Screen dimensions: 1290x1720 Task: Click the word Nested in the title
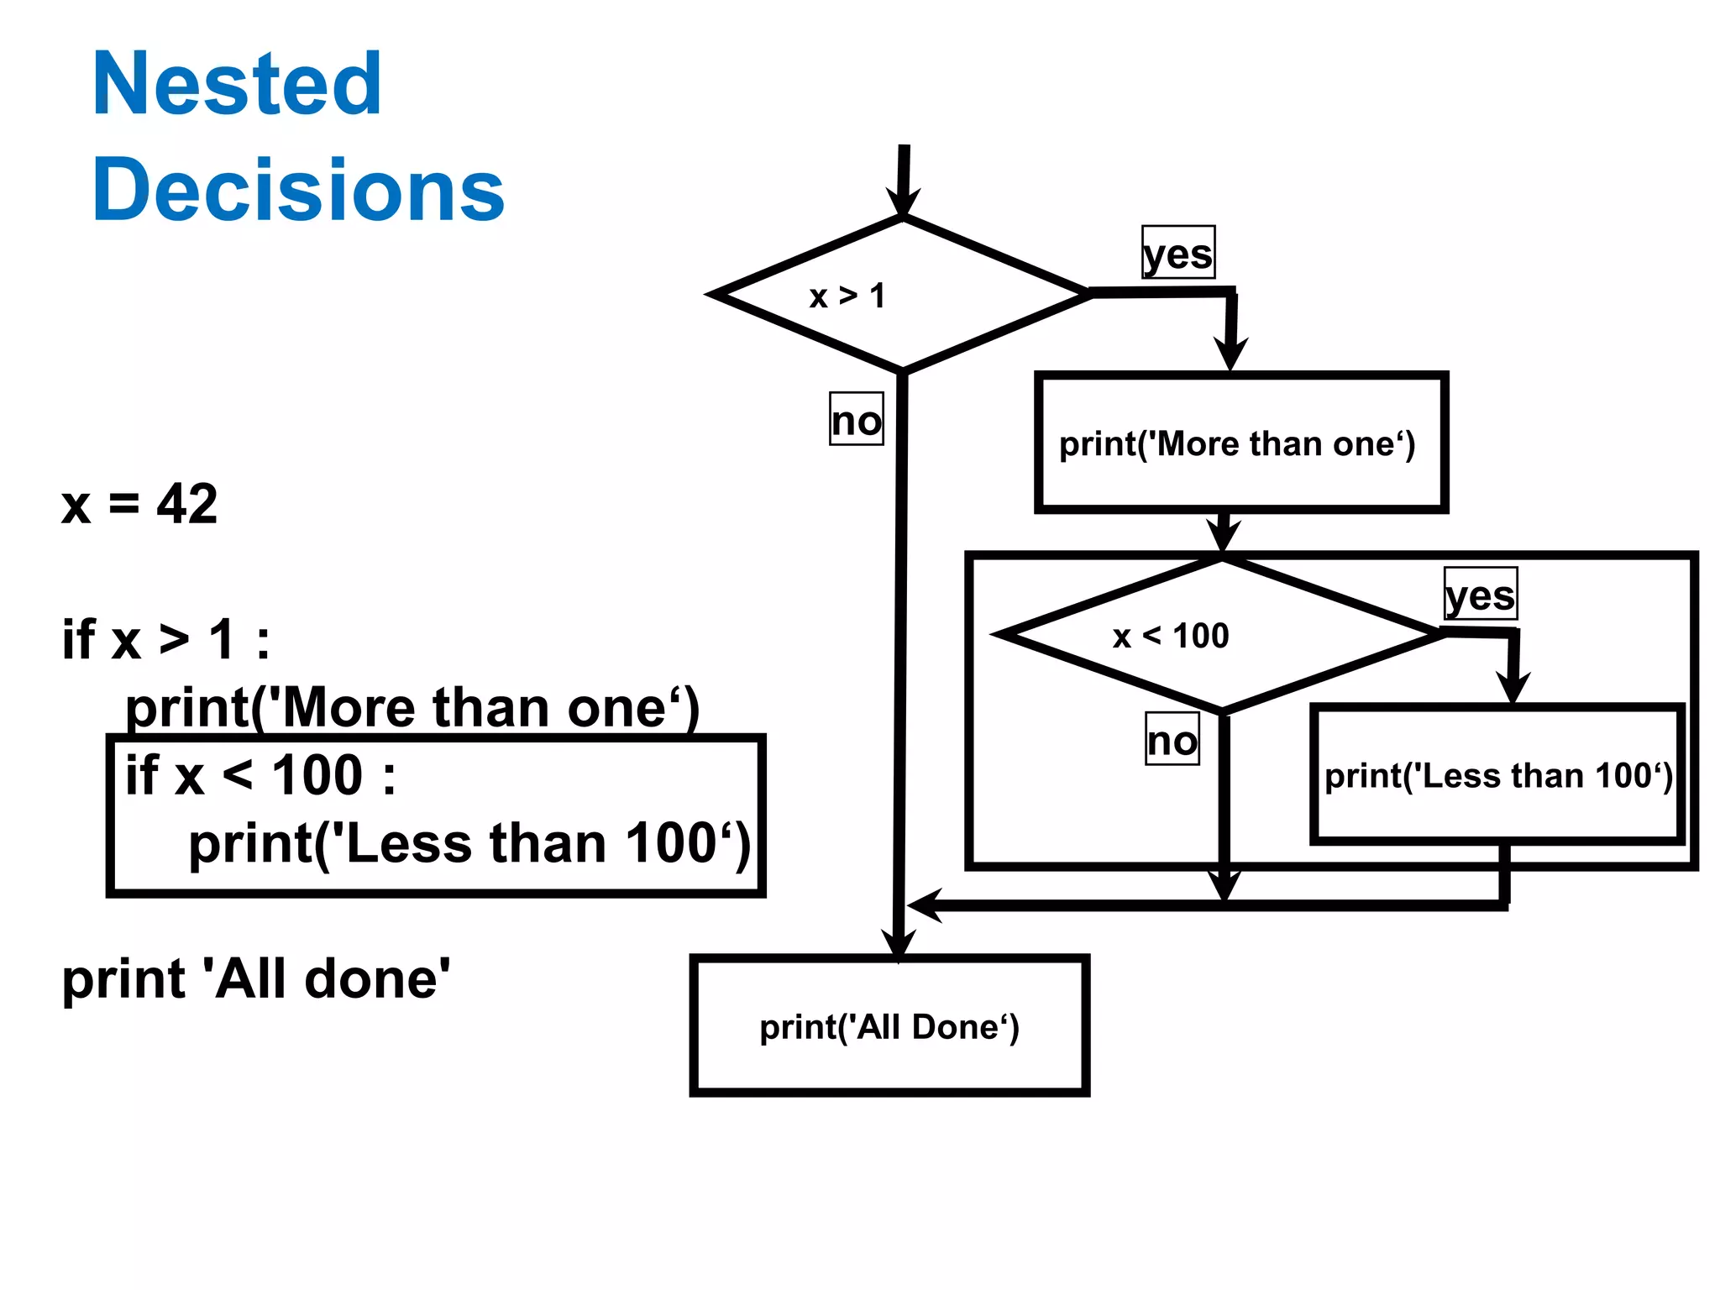[x=237, y=84]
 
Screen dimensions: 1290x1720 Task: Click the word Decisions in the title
[x=298, y=191]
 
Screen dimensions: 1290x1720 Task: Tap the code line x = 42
[x=139, y=504]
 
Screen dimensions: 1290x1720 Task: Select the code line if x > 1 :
[x=166, y=640]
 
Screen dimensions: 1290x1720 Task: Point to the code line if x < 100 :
[x=260, y=775]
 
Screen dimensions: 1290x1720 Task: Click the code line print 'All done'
[x=256, y=979]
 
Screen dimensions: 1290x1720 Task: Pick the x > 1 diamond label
[x=847, y=296]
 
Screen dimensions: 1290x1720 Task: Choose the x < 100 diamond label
[x=1170, y=636]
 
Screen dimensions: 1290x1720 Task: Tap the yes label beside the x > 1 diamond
[x=1178, y=253]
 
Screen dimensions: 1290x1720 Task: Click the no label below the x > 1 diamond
[x=857, y=419]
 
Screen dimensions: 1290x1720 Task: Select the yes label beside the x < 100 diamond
[x=1481, y=595]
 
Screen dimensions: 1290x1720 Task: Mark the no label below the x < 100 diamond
[x=1172, y=740]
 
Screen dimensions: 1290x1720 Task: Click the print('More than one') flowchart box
[x=1240, y=443]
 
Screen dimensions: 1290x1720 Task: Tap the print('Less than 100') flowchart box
[x=1497, y=774]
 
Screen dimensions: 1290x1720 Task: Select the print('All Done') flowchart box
[x=889, y=1026]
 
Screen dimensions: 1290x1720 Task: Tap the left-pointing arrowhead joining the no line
[x=923, y=905]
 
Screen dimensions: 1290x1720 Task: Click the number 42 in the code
[x=187, y=504]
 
